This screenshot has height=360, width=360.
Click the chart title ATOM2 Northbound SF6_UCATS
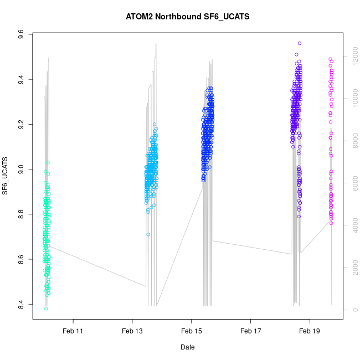[x=188, y=17]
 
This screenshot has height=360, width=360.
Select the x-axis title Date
[x=187, y=347]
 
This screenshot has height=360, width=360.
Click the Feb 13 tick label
[x=132, y=331]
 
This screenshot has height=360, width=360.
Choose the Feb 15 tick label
[x=191, y=331]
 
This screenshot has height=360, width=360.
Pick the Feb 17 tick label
[x=250, y=331]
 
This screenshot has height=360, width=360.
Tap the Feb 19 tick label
[x=310, y=331]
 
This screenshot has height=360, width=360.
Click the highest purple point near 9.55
[x=300, y=43]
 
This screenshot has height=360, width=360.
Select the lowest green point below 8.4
[x=46, y=308]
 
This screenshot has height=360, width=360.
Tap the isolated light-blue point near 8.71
[x=148, y=234]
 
